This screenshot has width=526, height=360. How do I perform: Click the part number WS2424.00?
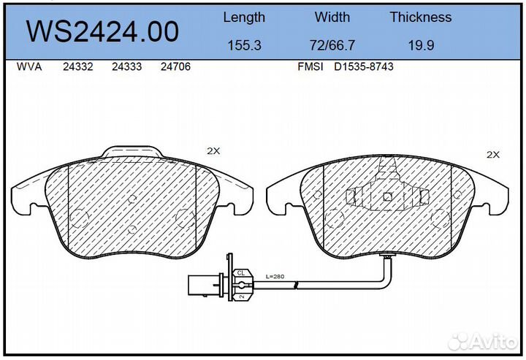tap(102, 31)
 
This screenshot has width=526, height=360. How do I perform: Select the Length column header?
tap(244, 18)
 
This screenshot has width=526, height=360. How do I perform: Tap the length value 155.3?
tap(244, 45)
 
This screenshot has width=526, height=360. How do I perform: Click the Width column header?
tap(332, 17)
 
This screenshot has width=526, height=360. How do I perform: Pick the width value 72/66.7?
tap(332, 45)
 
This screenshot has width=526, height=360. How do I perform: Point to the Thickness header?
tap(421, 17)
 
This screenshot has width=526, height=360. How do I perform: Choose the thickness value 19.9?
tap(421, 45)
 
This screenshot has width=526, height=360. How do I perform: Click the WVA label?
tap(29, 66)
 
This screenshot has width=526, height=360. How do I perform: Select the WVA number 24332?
tap(78, 66)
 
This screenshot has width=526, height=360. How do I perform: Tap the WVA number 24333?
tap(127, 66)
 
